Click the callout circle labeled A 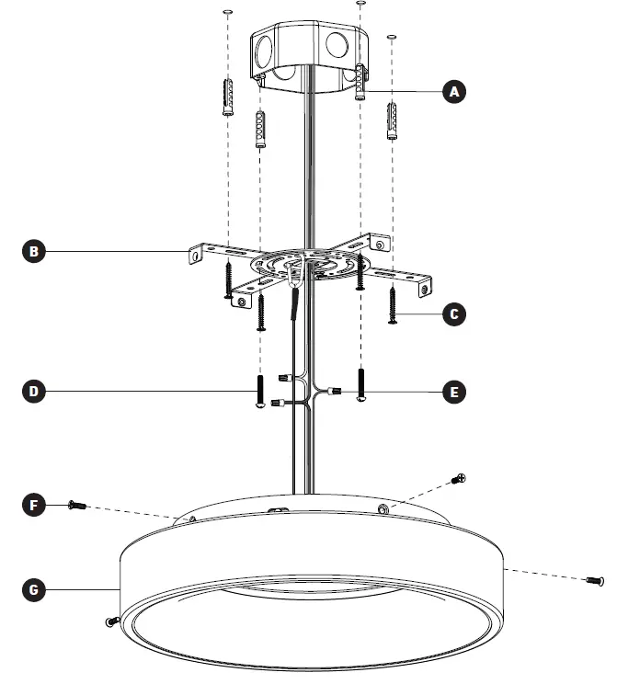click(x=452, y=91)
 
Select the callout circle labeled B click(x=33, y=251)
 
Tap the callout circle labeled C click(x=452, y=314)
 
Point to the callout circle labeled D click(x=33, y=392)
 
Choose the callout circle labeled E click(x=452, y=392)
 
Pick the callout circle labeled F click(x=33, y=505)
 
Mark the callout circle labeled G click(x=33, y=589)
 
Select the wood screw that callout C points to click(x=393, y=303)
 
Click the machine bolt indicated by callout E click(x=360, y=385)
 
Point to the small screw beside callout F click(x=76, y=505)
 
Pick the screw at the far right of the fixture click(x=595, y=579)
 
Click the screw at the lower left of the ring click(x=111, y=621)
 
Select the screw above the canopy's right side click(x=460, y=478)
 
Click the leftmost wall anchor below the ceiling click(x=227, y=96)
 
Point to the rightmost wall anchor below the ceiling click(x=394, y=119)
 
